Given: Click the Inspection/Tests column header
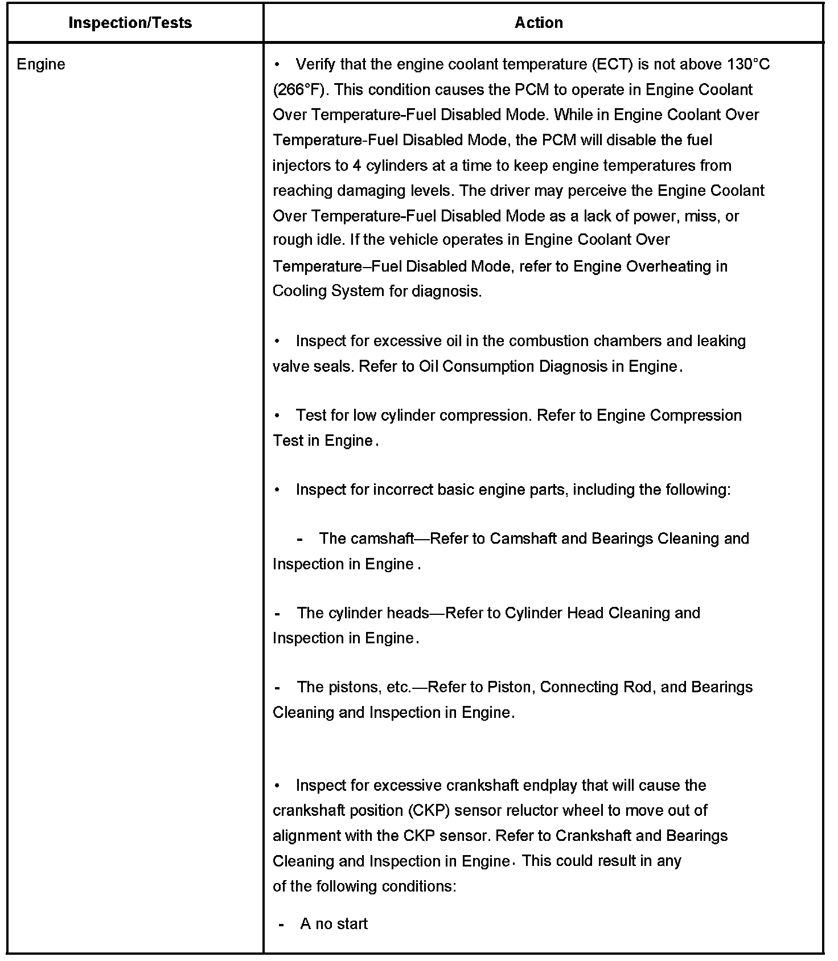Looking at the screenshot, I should (x=130, y=23).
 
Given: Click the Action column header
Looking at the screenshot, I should (x=539, y=23).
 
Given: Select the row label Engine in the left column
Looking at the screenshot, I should (x=41, y=64).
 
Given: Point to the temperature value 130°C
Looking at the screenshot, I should (x=748, y=64).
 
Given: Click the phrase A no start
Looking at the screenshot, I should (x=334, y=924).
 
